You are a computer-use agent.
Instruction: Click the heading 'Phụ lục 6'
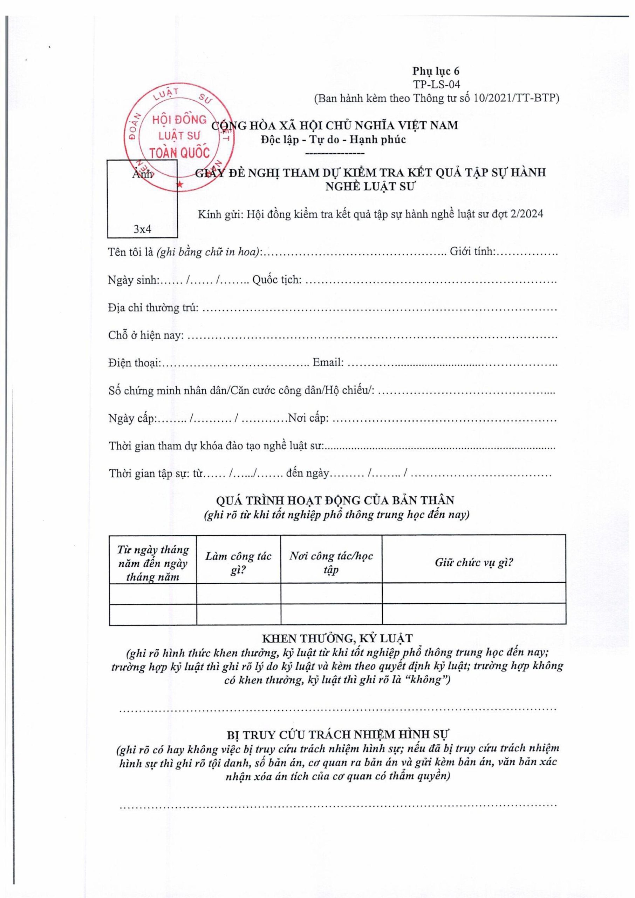point(436,71)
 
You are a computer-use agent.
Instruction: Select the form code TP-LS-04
point(436,84)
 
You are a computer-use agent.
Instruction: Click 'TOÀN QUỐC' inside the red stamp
point(179,153)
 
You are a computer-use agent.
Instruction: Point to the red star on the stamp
point(180,184)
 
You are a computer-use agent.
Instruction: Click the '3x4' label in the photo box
point(142,229)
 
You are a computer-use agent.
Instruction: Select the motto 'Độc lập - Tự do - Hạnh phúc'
point(334,139)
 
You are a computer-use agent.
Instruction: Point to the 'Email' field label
point(328,362)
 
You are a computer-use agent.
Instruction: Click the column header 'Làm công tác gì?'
point(238,563)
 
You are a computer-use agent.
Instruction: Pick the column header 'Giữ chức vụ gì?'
point(473,563)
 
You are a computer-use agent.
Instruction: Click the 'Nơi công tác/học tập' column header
point(331,563)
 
